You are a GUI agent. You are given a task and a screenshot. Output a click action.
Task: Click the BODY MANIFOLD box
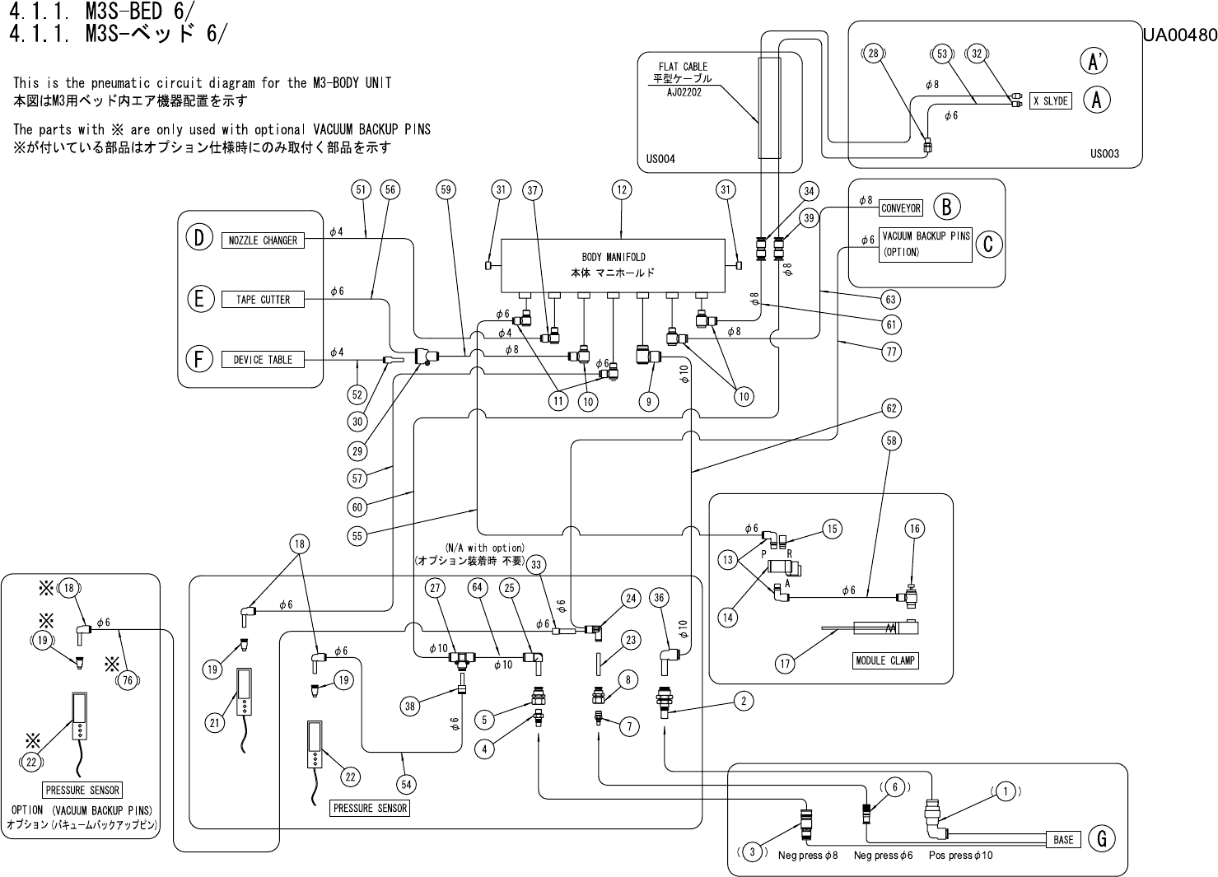point(613,264)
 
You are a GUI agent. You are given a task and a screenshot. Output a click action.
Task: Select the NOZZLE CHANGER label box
point(263,240)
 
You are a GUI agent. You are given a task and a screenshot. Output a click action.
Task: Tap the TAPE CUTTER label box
point(263,300)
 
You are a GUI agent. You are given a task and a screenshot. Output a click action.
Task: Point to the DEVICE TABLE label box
point(263,360)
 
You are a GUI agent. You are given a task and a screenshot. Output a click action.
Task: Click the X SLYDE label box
point(1050,101)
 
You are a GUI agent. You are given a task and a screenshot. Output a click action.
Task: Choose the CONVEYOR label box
point(900,208)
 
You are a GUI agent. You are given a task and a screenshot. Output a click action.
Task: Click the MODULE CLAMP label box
point(884,660)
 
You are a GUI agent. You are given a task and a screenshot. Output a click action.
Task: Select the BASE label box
point(1063,840)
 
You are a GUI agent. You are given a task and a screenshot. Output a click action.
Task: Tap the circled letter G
point(1101,839)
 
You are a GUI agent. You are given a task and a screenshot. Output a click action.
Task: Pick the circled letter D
point(198,238)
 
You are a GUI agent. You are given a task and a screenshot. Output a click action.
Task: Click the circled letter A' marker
point(1094,61)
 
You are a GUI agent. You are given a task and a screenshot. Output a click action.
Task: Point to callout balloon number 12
point(622,190)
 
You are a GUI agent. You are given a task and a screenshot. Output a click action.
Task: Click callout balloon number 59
point(446,190)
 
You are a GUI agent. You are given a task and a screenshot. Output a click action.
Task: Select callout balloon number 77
point(891,352)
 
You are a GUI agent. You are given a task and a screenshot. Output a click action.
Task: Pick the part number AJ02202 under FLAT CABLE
point(684,93)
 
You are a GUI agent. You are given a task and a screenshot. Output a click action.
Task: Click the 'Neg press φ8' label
point(807,856)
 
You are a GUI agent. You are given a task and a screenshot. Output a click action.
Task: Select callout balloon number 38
point(411,705)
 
